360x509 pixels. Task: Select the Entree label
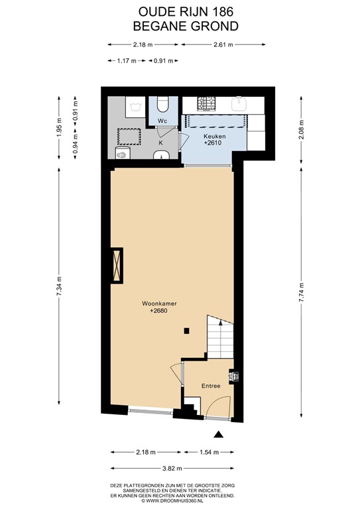tap(211, 386)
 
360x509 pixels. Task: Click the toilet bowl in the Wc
tap(162, 104)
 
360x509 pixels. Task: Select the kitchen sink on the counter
tap(240, 104)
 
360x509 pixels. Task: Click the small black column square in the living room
tap(188, 331)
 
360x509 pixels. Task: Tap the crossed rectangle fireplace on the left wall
tap(117, 265)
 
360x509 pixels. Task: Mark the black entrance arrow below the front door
tap(217, 435)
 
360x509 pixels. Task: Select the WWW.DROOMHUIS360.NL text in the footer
tap(179, 500)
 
